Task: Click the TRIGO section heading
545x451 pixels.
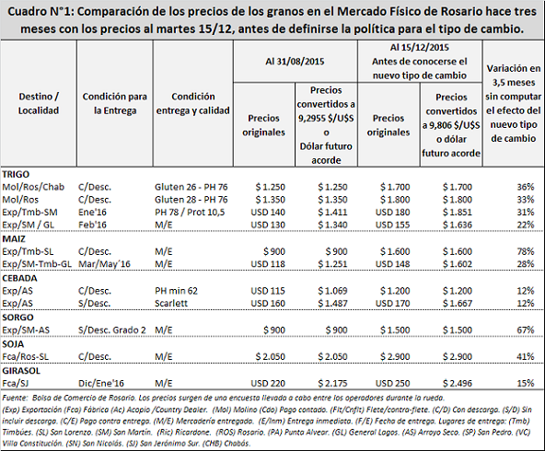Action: point(16,174)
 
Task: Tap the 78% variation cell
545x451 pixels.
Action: point(525,251)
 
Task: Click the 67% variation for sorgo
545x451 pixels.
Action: point(525,330)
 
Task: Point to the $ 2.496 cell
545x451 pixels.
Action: point(457,383)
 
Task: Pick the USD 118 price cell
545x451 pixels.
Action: point(268,264)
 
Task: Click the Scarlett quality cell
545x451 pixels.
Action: point(171,304)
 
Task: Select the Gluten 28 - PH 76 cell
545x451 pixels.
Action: point(191,200)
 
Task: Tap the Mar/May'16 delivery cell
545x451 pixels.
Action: point(104,264)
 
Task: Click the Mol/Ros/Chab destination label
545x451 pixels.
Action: point(33,187)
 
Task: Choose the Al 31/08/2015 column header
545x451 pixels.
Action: point(295,62)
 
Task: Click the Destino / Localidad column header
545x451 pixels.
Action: point(39,103)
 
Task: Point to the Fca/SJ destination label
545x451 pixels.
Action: point(17,383)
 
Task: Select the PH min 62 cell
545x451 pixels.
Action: point(176,291)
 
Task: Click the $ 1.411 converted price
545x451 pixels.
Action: point(332,212)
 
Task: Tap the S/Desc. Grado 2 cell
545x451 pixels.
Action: point(112,330)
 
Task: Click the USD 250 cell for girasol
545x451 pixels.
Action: point(392,383)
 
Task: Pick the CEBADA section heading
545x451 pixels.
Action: point(19,278)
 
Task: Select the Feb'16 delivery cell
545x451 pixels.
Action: point(92,225)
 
